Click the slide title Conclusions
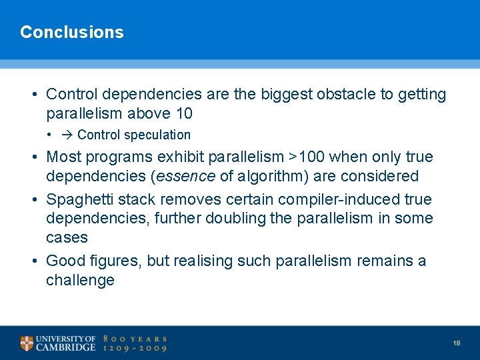tap(72, 32)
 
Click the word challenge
tap(80, 280)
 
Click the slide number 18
tap(457, 343)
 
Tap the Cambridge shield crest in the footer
tap(27, 343)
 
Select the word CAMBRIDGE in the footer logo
tap(66, 348)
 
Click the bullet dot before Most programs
tap(33, 157)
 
